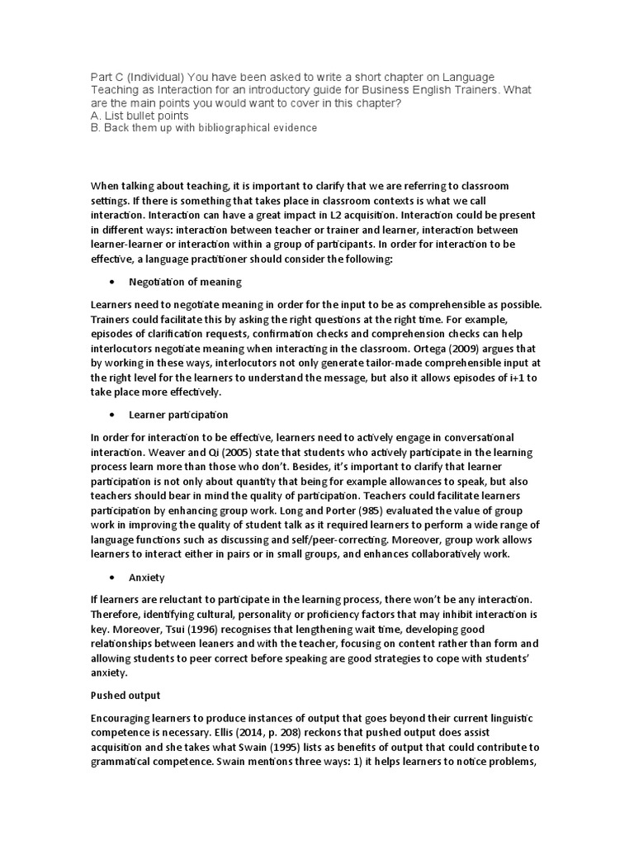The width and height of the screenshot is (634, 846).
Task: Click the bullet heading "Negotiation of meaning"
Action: (185, 282)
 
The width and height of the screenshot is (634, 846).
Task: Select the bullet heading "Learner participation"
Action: (178, 414)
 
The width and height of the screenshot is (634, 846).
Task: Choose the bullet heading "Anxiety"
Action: (147, 577)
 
